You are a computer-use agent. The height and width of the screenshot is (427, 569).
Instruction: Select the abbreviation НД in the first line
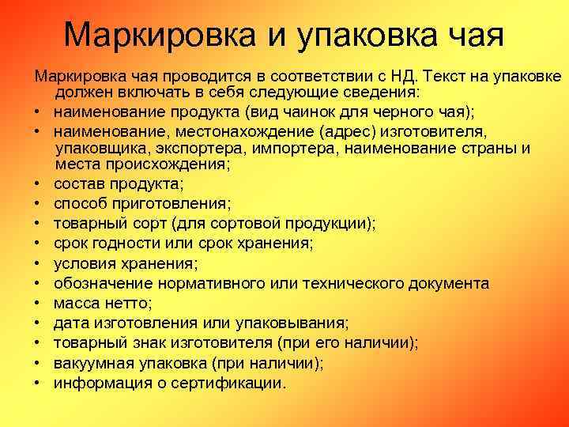tap(406, 76)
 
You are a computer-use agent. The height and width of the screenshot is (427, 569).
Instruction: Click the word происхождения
tap(171, 165)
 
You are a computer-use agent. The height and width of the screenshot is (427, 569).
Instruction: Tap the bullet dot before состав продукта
tap(37, 184)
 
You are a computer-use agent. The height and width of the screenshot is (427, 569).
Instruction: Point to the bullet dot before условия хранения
tap(37, 264)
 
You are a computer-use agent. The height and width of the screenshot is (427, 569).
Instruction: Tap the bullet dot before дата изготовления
tap(37, 323)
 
